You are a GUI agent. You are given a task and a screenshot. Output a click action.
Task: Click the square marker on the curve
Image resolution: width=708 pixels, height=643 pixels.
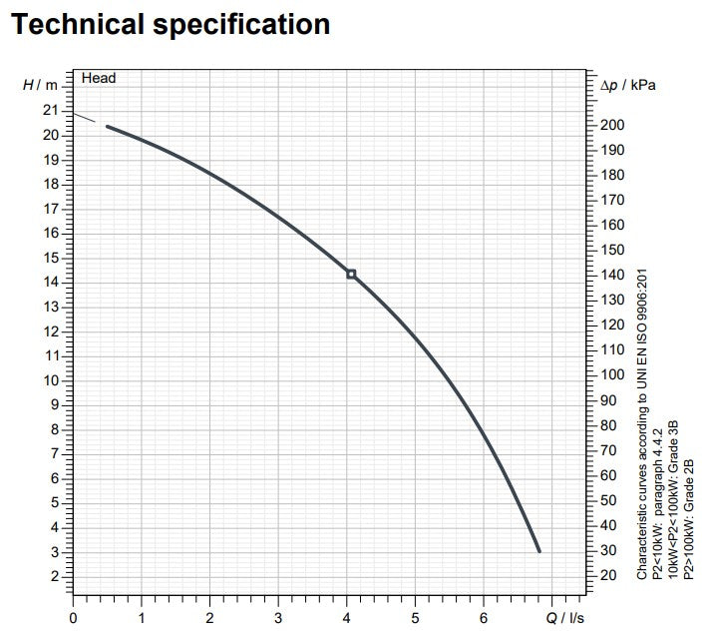coord(351,274)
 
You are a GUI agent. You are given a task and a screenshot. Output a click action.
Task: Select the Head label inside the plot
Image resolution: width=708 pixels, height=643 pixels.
coord(99,78)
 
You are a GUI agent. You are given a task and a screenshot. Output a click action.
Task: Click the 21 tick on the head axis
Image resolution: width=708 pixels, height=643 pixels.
coord(50,111)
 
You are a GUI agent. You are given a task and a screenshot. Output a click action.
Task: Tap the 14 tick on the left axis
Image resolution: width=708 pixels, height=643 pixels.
coord(50,282)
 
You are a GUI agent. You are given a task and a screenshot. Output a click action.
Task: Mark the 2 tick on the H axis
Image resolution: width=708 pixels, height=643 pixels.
coord(54,576)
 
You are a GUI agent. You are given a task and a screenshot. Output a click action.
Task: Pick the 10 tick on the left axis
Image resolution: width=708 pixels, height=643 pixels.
coord(50,379)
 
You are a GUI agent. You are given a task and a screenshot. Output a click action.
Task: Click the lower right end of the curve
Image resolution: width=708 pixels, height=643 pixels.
coord(539,550)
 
